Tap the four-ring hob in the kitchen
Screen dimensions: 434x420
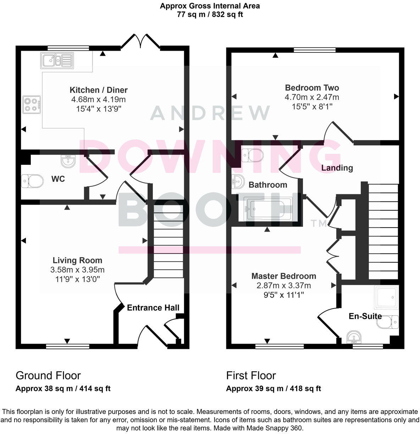tap(31, 104)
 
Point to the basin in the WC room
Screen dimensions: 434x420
tap(68, 161)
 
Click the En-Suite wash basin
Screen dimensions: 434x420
tap(353, 337)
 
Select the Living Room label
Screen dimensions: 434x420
tap(77, 261)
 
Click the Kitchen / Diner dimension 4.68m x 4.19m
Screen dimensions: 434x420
tap(98, 100)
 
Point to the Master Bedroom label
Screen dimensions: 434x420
tap(283, 276)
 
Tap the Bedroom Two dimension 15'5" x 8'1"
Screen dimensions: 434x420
tap(312, 106)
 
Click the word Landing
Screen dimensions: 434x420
tap(337, 168)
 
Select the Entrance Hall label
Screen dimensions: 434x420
tap(153, 307)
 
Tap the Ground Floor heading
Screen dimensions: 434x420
tap(48, 375)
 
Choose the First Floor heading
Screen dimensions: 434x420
tap(251, 375)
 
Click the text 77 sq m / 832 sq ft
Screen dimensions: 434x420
tap(210, 15)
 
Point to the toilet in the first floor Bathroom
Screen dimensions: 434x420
tap(252, 155)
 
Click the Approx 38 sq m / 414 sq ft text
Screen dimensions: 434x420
tap(63, 388)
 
